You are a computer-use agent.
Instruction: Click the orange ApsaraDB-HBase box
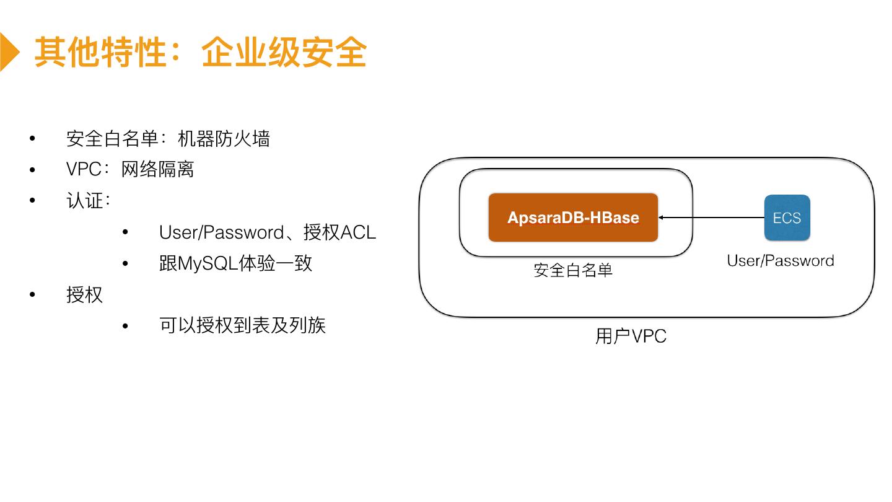tap(573, 218)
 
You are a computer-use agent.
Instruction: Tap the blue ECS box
tap(787, 218)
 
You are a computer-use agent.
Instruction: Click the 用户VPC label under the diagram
tap(631, 337)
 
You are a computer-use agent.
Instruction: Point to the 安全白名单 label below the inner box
tap(573, 270)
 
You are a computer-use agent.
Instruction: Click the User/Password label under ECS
tap(780, 261)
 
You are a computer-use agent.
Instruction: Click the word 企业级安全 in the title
tap(284, 52)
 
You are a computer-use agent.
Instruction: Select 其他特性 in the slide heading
tap(100, 52)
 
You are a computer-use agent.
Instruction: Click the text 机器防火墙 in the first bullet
tap(224, 139)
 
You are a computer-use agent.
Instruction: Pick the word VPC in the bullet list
tap(84, 170)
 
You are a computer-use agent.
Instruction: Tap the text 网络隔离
tap(158, 170)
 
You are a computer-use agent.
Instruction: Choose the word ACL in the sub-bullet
tap(359, 232)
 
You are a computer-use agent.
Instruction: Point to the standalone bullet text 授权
tap(84, 294)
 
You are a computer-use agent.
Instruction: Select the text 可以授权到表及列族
tap(242, 325)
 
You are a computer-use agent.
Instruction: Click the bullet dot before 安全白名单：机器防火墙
tap(32, 139)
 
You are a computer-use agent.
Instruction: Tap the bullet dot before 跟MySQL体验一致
tap(125, 264)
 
